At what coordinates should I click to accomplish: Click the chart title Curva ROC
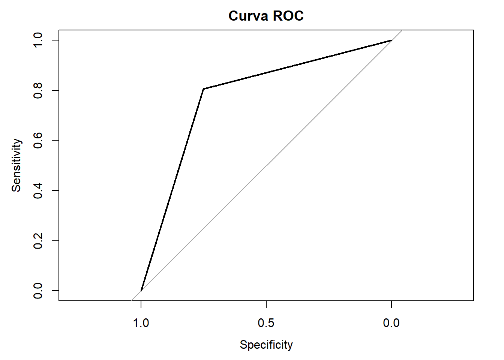click(x=266, y=16)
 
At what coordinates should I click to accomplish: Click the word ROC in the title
click(x=288, y=16)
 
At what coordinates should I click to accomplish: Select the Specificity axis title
click(x=266, y=345)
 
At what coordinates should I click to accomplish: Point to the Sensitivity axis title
click(x=16, y=165)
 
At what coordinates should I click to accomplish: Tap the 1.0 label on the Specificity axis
click(x=141, y=322)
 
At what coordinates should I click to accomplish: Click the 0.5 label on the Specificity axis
click(x=266, y=322)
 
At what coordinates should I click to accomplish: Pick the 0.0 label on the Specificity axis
click(x=391, y=322)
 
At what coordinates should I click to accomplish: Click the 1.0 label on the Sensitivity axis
click(x=38, y=40)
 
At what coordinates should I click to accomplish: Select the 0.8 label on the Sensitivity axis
click(x=38, y=90)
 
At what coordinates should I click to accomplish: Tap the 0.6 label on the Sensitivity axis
click(x=38, y=140)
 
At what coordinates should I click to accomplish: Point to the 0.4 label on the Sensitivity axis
click(x=38, y=190)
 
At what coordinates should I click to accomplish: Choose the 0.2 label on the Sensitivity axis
click(x=38, y=240)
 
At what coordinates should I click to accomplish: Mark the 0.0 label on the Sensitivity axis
click(x=38, y=291)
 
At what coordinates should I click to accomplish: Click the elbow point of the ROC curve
click(x=203, y=89)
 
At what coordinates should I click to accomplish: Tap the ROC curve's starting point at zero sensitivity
click(x=141, y=291)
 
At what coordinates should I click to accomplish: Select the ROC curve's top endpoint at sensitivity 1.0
click(x=391, y=40)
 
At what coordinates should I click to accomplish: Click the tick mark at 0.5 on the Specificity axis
click(x=266, y=304)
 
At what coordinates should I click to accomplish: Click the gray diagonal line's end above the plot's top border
click(x=402, y=30)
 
